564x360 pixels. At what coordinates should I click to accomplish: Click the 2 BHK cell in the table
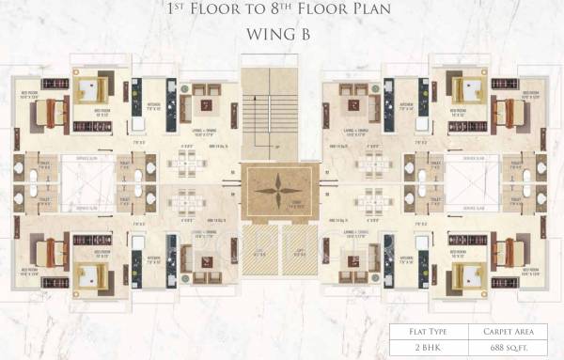(429, 349)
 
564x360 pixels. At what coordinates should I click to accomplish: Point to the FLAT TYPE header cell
(429, 332)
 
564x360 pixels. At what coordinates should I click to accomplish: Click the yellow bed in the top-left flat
(94, 88)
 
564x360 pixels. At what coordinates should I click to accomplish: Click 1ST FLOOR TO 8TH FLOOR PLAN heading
(280, 11)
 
